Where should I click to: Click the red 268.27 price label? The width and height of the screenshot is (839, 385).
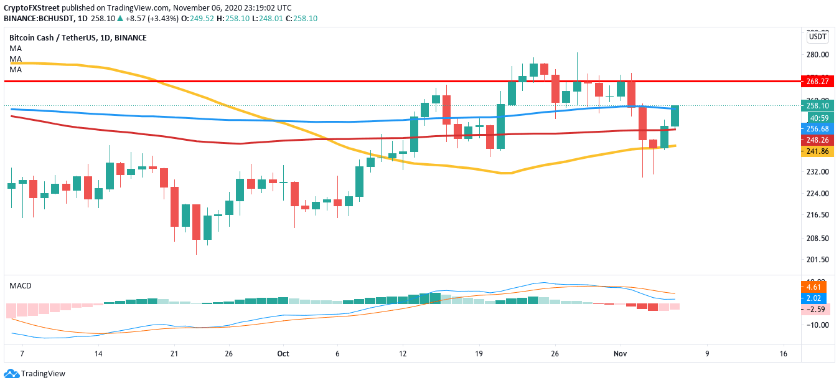click(817, 81)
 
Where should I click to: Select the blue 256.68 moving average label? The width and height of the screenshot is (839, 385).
click(817, 128)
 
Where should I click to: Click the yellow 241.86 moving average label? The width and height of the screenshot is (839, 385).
click(817, 151)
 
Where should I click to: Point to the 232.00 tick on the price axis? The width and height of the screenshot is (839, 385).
click(817, 171)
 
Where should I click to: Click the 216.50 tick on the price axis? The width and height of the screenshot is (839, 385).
click(817, 215)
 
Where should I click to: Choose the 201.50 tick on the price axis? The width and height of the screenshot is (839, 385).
click(817, 260)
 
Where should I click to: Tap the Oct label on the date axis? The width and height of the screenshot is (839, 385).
click(283, 354)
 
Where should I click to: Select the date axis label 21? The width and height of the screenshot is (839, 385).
click(174, 354)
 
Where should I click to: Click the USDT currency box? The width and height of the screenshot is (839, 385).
click(817, 37)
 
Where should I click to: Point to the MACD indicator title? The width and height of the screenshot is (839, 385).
click(20, 285)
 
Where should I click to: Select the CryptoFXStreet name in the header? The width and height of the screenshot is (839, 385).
click(31, 7)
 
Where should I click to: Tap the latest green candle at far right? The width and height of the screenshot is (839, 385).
click(674, 116)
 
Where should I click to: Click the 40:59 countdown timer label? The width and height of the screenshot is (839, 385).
click(818, 118)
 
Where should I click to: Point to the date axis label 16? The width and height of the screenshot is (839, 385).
click(783, 354)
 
